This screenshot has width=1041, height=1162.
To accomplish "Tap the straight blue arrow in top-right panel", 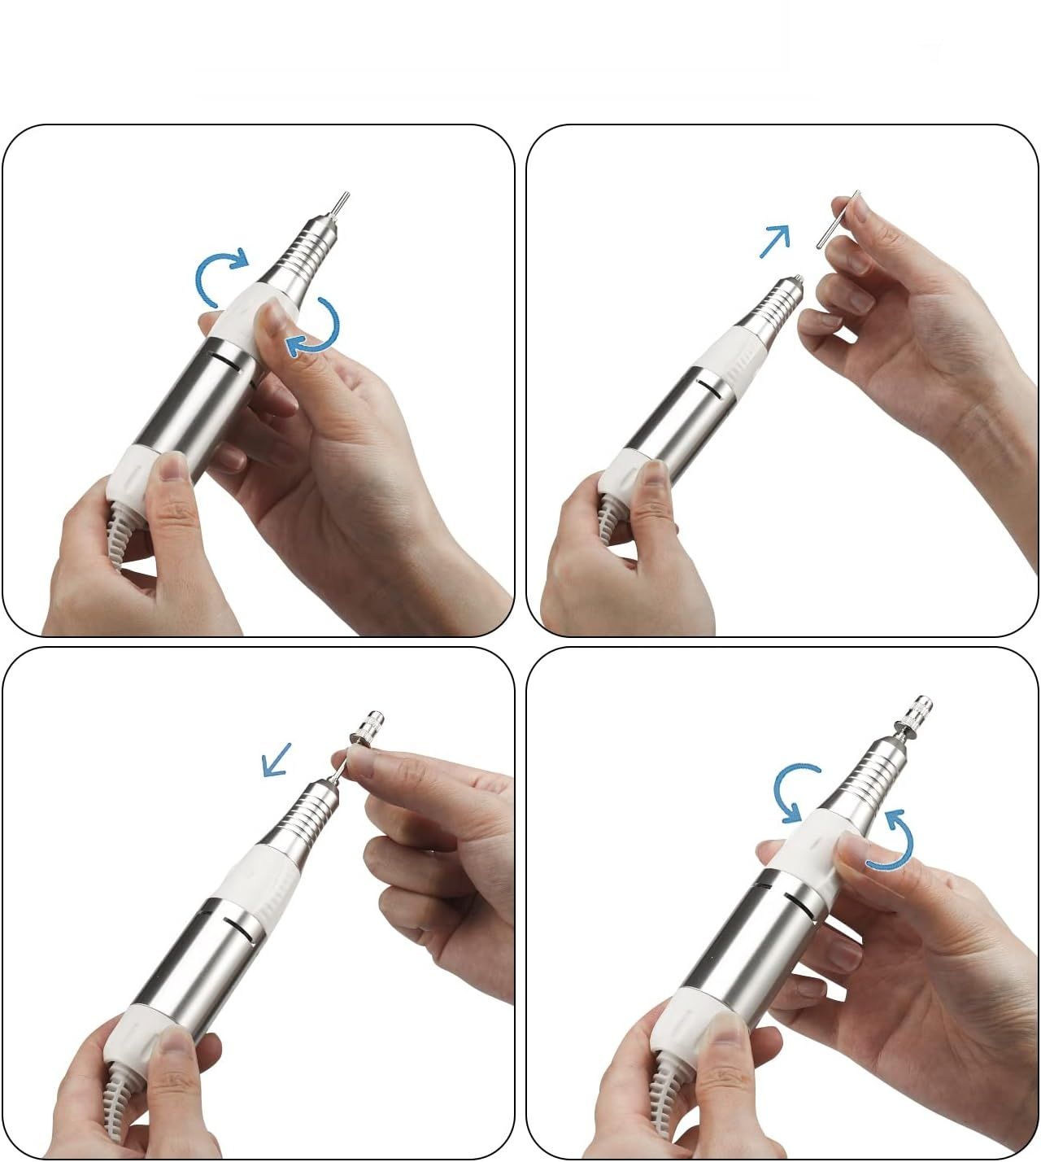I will point(774,241).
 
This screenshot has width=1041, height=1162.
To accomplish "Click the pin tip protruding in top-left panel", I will point(341,203).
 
